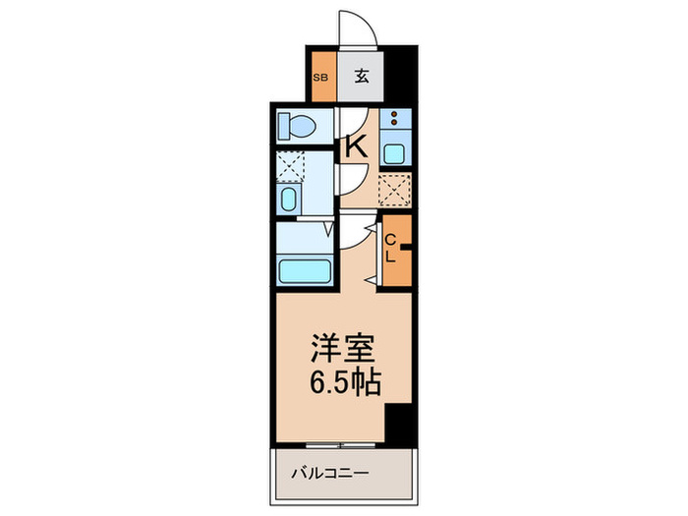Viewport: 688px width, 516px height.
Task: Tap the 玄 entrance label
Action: (x=361, y=77)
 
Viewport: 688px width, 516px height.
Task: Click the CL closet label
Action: (x=390, y=249)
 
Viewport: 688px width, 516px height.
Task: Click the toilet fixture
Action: (x=295, y=126)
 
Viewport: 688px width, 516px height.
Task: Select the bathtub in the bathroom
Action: (x=303, y=270)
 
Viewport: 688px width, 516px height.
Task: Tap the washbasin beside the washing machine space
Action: (x=289, y=201)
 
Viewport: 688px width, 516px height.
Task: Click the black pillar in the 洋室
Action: (x=396, y=425)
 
